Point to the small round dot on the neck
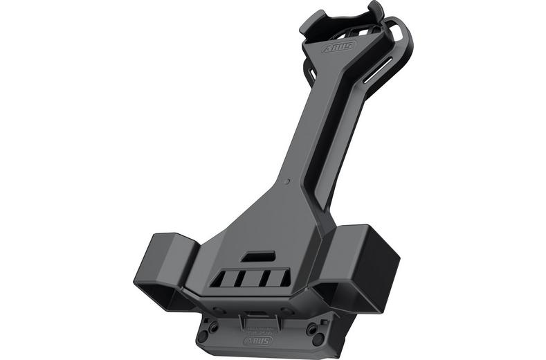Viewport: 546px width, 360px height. pos(287,181)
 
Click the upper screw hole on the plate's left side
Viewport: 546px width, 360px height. pos(214,326)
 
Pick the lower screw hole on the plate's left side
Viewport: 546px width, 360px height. pos(202,336)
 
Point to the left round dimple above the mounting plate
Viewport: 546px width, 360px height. pos(218,309)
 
